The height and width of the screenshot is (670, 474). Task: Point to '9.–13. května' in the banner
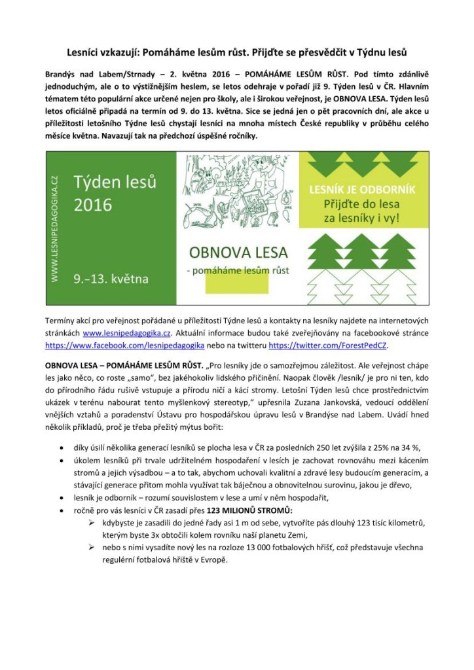click(x=111, y=279)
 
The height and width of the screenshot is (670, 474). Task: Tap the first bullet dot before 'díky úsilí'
click(x=61, y=448)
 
